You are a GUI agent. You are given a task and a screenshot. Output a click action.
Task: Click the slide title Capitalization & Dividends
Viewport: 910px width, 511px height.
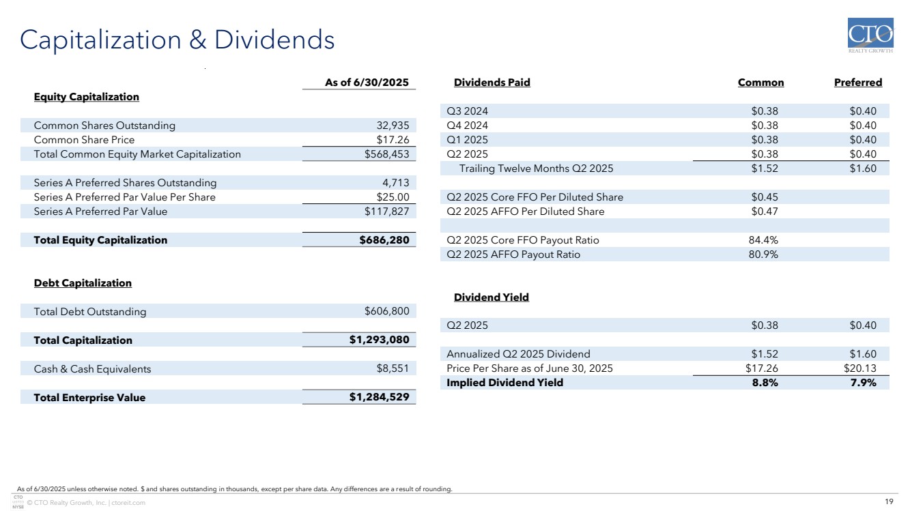click(177, 40)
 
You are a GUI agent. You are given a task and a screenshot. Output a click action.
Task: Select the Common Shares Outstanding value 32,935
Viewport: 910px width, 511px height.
click(393, 126)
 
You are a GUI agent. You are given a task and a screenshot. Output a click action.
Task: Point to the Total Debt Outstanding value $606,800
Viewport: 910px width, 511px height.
click(387, 312)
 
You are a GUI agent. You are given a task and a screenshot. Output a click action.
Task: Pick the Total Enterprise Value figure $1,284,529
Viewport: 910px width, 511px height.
click(380, 397)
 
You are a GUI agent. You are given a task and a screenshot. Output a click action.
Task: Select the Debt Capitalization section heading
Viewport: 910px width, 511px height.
click(83, 283)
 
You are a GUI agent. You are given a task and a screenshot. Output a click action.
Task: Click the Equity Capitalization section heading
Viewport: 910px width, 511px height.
click(86, 97)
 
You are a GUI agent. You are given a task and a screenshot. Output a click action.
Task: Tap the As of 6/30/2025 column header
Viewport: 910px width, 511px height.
click(366, 83)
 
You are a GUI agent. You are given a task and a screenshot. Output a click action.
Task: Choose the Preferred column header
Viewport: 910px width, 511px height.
click(857, 83)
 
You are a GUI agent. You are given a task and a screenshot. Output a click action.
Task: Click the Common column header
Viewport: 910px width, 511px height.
click(760, 83)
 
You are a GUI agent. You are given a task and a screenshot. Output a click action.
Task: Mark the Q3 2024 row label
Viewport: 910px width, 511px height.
click(467, 111)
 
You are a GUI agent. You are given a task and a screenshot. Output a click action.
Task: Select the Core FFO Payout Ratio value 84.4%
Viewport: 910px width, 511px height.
click(764, 240)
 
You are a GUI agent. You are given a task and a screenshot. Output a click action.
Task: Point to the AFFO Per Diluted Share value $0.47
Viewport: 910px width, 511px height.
click(765, 211)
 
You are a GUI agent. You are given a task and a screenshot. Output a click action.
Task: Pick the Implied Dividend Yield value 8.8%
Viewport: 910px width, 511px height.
click(764, 383)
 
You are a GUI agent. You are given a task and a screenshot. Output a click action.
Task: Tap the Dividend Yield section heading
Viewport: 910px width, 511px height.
click(491, 297)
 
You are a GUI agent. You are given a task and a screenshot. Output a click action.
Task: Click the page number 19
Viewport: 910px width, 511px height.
click(889, 502)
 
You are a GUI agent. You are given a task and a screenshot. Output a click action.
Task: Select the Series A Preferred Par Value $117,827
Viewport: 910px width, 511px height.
click(386, 211)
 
